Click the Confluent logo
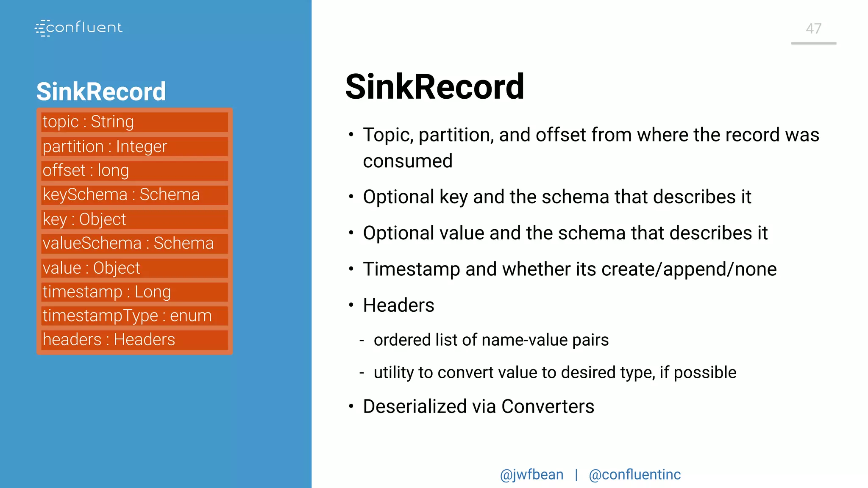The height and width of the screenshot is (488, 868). pyautogui.click(x=79, y=28)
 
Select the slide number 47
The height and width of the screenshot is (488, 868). pyautogui.click(x=813, y=29)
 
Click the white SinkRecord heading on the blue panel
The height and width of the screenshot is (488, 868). pyautogui.click(x=101, y=91)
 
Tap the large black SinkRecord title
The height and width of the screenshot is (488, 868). pyautogui.click(x=435, y=87)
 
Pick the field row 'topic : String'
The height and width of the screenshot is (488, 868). pyautogui.click(x=134, y=122)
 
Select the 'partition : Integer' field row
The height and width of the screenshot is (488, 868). pyautogui.click(x=134, y=147)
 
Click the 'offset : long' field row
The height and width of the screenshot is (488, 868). pyautogui.click(x=134, y=171)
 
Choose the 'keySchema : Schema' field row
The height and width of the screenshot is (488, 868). pyautogui.click(x=134, y=195)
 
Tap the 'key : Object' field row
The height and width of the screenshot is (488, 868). pyautogui.click(x=134, y=219)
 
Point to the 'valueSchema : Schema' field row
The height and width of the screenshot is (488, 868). pyautogui.click(x=134, y=244)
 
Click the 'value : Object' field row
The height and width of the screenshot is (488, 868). pyautogui.click(x=134, y=268)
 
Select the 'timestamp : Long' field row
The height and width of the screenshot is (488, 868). pyautogui.click(x=134, y=292)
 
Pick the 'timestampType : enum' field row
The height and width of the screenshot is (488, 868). pyautogui.click(x=134, y=316)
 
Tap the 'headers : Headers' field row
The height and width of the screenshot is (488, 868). pyautogui.click(x=134, y=340)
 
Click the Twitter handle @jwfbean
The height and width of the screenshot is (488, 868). pyautogui.click(x=531, y=474)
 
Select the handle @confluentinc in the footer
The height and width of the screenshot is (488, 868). pyautogui.click(x=635, y=474)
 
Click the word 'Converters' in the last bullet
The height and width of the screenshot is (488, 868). pyautogui.click(x=548, y=407)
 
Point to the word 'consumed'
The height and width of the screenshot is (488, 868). pyautogui.click(x=408, y=161)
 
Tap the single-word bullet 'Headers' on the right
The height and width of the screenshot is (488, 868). pyautogui.click(x=398, y=305)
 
